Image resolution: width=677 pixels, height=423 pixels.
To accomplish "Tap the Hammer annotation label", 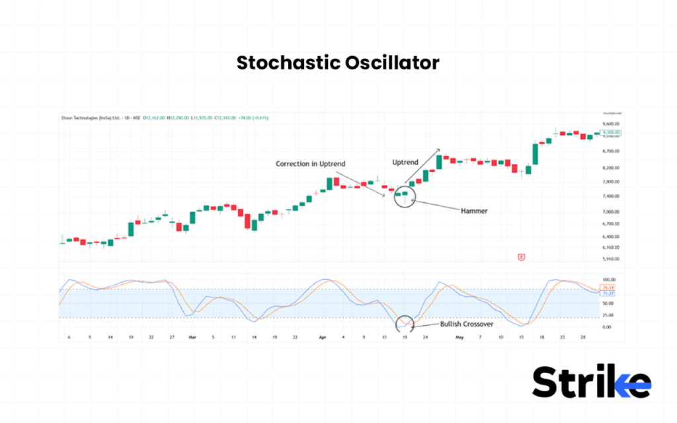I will coord(474,211).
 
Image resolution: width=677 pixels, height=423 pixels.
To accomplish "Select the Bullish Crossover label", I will coord(467,325).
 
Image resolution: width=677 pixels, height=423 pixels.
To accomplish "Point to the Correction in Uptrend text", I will coord(311,163).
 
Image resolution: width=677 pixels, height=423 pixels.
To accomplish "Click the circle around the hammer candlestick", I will coord(404,196).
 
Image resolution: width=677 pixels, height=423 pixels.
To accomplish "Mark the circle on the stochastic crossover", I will coord(404,324).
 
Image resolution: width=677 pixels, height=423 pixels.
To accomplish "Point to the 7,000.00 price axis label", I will coord(611,211).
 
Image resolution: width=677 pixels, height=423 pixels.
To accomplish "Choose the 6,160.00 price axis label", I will coord(611,247).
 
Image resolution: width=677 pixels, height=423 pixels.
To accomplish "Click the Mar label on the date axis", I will coord(192,337).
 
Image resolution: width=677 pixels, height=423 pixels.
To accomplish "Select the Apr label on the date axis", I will coord(323,337).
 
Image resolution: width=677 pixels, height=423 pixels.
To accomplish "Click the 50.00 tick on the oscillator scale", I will coord(608,303).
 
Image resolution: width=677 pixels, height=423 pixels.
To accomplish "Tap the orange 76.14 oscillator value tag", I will coord(609,288).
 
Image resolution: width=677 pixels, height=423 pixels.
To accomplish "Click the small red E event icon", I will coord(521,257).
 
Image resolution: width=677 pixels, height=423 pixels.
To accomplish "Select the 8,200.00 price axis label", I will coord(611,168).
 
